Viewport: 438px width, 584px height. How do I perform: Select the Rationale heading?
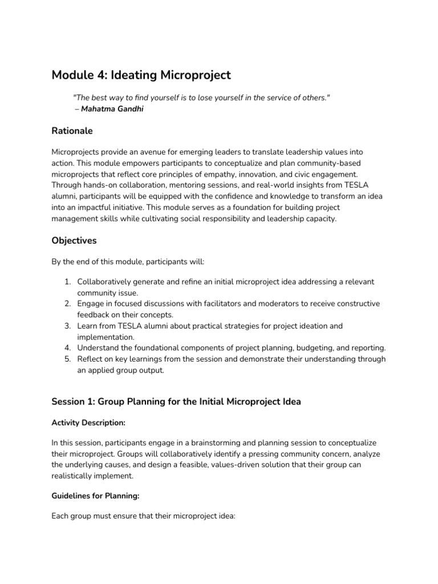72,131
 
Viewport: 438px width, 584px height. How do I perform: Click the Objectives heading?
74,241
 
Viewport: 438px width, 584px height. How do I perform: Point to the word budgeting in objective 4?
302,348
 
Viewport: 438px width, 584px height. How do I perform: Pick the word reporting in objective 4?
367,348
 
